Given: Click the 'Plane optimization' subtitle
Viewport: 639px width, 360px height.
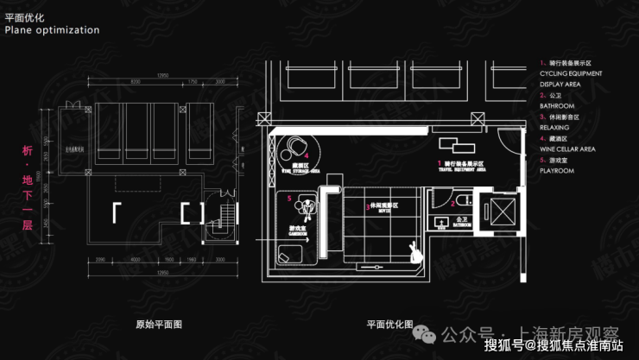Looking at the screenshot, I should (52, 29).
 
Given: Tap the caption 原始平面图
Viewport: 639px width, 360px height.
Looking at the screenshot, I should (159, 325).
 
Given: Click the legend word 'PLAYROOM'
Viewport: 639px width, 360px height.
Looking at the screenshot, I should (557, 170).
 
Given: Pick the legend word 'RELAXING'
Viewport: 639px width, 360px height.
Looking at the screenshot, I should (557, 127).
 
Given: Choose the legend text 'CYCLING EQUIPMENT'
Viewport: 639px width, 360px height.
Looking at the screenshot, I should (572, 74).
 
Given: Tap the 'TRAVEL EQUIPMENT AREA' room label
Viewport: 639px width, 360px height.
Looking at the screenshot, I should (464, 170).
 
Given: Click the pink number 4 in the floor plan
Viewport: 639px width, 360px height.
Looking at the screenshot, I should (307, 154).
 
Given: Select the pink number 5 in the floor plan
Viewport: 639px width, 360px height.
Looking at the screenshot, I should (289, 198).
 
